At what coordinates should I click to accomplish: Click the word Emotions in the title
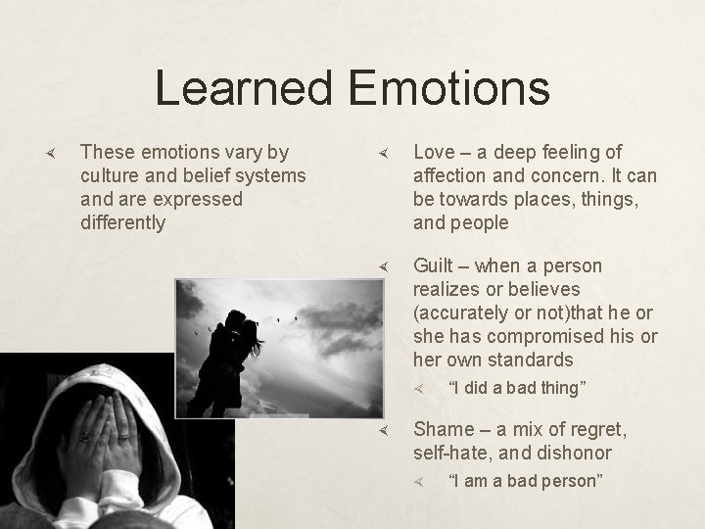click(447, 87)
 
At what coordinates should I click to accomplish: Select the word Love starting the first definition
click(433, 152)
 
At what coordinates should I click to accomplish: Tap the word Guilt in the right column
click(436, 265)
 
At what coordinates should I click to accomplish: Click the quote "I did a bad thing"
click(516, 388)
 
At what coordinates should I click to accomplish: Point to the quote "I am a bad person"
click(524, 481)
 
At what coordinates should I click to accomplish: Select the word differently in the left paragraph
click(122, 222)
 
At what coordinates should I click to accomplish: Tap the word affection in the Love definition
click(451, 175)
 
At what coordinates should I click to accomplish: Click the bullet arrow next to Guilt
click(386, 266)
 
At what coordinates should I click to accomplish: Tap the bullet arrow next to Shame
click(386, 430)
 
